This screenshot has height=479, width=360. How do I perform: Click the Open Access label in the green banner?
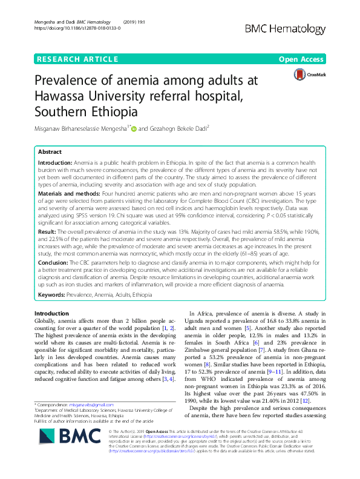click(x=301, y=59)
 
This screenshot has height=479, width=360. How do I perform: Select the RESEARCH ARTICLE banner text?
click(x=77, y=59)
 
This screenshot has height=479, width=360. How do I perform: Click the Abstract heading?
click(x=50, y=153)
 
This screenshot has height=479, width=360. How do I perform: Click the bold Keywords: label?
click(x=51, y=294)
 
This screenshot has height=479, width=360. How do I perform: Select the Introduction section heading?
click(x=51, y=313)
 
